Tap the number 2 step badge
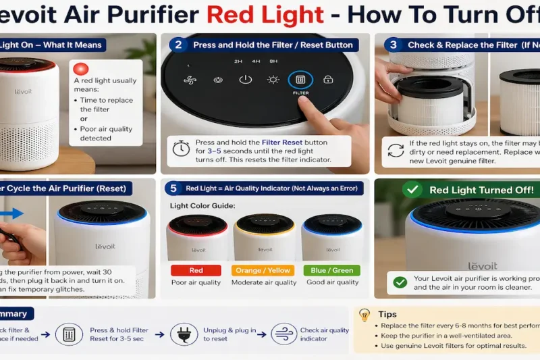178,45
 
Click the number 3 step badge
393,45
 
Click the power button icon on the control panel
246,80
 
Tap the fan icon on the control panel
189,80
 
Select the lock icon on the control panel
328,80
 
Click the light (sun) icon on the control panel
273,80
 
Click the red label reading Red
196,270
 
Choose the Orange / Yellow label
264,270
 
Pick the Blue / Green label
331,270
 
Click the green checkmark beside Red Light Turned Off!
412,190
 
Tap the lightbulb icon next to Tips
364,315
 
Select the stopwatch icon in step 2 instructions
181,149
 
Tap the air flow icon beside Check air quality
283,334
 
